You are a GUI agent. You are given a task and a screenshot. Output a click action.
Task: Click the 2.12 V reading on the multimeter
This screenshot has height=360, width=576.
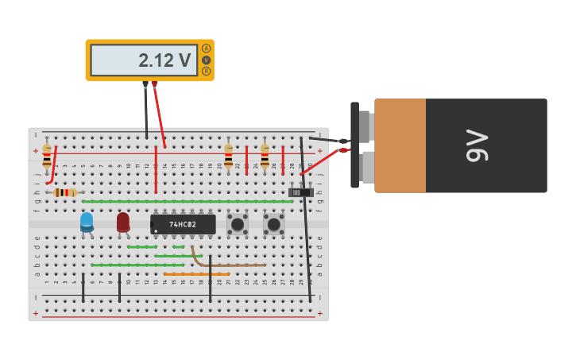coord(164,60)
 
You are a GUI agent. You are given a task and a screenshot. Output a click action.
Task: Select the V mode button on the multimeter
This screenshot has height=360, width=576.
coord(207,60)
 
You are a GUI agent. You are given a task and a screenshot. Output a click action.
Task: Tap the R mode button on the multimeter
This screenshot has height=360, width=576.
coord(207,71)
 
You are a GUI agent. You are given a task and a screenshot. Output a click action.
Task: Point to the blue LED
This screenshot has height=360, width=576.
coord(87,222)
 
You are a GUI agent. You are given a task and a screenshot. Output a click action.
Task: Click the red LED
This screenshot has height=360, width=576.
coord(123,222)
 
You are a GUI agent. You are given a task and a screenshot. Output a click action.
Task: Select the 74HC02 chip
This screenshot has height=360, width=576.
coord(183,224)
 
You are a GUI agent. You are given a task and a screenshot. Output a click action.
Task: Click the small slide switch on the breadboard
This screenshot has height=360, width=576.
coord(300,192)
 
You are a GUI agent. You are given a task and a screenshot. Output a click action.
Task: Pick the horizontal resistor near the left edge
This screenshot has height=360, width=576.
coord(64,192)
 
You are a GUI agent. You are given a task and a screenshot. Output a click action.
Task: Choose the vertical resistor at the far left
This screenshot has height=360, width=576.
coord(47,158)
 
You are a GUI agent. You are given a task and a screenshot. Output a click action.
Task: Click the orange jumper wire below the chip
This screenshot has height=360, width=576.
coord(196,274)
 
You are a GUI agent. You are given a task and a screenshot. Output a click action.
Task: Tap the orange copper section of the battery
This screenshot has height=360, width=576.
coord(400,145)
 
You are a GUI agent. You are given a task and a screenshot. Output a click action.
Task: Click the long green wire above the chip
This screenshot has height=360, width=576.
coord(187,202)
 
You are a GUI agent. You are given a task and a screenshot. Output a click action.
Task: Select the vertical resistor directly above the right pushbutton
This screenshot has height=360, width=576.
coord(265,157)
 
